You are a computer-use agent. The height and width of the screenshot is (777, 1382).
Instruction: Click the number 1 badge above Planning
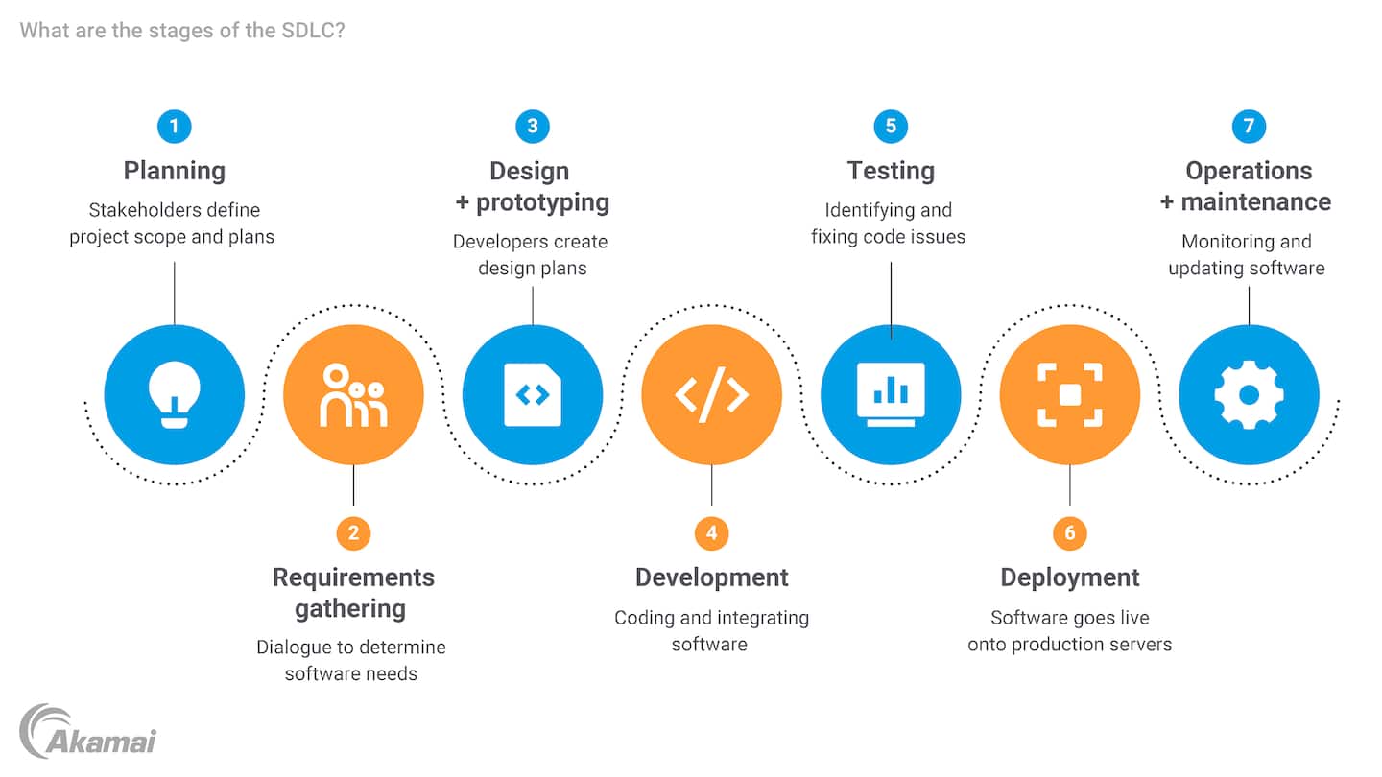pos(174,127)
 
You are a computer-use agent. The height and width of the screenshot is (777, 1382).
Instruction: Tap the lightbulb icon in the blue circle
pos(174,394)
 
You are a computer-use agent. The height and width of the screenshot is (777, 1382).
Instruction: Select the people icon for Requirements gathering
pos(353,394)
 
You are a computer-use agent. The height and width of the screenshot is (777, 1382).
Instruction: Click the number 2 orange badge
pos(353,532)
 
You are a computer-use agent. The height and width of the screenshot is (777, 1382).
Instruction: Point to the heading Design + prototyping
pos(531,186)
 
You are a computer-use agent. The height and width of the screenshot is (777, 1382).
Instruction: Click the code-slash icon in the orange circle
pos(711,394)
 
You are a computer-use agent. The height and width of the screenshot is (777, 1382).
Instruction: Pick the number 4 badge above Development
pos(711,532)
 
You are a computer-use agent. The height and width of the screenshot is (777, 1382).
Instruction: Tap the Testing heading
pos(891,171)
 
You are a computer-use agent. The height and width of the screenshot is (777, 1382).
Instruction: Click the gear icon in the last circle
pos(1249,394)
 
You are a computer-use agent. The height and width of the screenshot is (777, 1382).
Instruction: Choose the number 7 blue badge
pos(1249,127)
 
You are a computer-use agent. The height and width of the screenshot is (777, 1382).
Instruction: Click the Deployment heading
pos(1070,577)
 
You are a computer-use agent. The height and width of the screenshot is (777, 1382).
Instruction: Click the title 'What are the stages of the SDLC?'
pos(182,30)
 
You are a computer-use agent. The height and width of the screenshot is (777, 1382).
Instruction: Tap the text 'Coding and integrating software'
pos(711,630)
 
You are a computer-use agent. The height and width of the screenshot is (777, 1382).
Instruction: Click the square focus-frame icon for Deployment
pos(1070,394)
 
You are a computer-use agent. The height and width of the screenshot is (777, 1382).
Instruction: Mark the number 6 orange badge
pos(1070,532)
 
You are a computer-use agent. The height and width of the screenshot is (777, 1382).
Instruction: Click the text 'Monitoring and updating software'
pos(1247,254)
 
